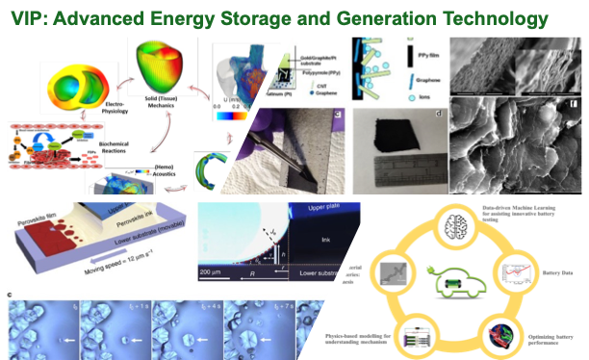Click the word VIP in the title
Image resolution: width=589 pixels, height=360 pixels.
[x=29, y=17]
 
